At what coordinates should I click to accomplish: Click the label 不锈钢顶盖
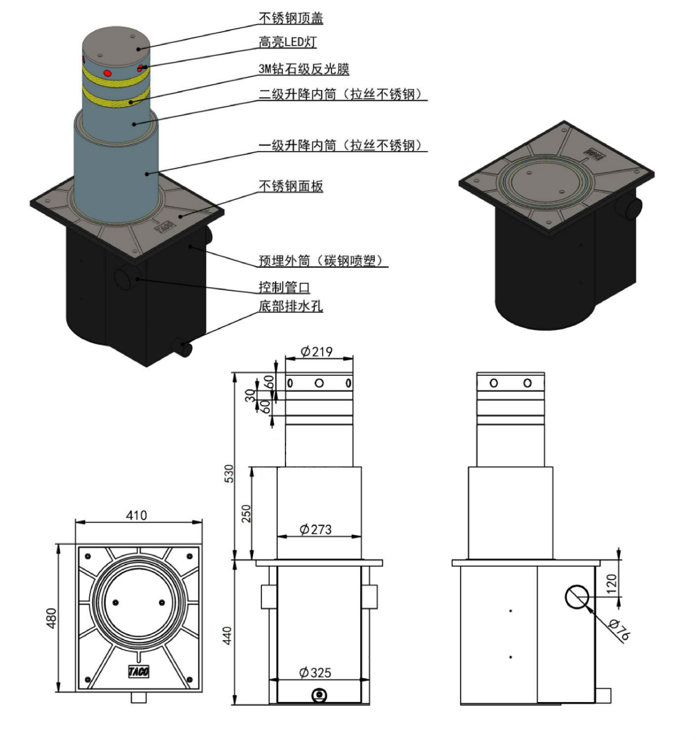point(291,18)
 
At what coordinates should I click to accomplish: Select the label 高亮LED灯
point(287,42)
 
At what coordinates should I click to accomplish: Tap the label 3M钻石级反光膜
point(304,69)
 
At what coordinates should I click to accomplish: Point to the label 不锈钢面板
point(291,186)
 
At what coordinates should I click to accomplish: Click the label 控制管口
point(284,287)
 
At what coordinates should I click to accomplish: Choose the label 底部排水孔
point(291,306)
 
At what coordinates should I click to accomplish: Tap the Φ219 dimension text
point(316,351)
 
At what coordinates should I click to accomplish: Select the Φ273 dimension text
point(315,529)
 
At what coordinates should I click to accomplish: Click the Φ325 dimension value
point(315,672)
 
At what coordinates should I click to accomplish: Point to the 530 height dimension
point(229,474)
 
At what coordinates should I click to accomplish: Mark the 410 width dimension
point(136,516)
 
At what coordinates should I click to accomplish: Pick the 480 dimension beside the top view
point(51,618)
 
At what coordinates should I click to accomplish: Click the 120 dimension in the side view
point(612,584)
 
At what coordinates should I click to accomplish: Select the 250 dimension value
point(246,514)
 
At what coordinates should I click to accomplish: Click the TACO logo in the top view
point(139,671)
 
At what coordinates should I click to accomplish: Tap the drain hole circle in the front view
point(319,695)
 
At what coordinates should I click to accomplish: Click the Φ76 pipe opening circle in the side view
point(577,596)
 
